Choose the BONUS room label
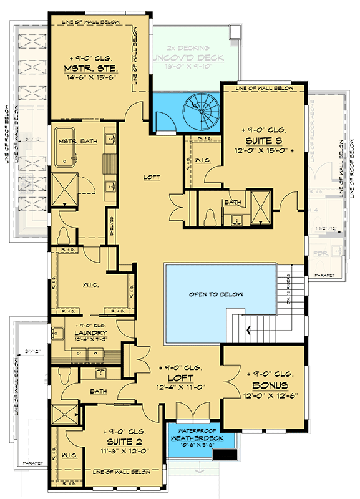pos(265,386)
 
